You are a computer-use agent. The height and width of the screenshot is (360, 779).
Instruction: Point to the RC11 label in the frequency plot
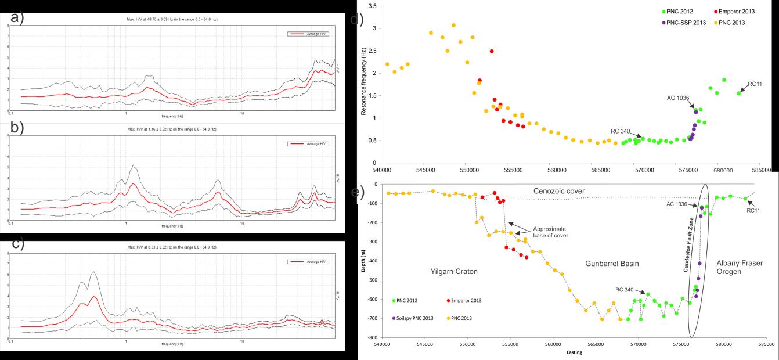click(755, 84)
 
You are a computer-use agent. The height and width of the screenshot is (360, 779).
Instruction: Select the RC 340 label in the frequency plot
click(622, 131)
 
